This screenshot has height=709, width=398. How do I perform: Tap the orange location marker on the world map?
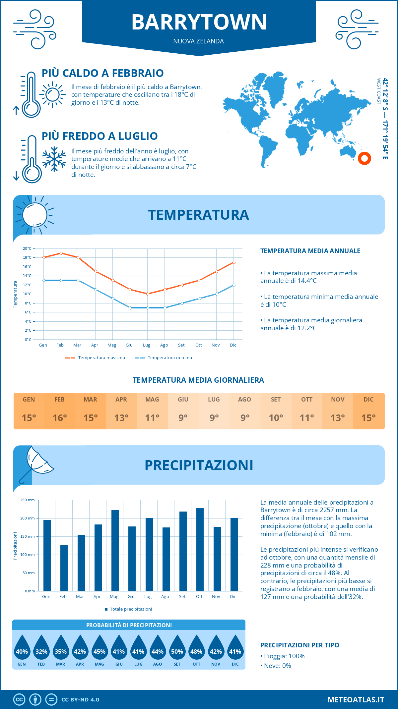364,158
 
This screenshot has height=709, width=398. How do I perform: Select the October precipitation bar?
200,549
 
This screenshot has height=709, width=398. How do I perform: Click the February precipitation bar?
64,568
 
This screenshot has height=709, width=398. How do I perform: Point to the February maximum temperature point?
61,253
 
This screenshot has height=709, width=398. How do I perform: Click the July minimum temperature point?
148,308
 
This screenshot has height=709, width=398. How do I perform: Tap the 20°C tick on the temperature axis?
27,248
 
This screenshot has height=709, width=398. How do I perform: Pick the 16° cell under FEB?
60,418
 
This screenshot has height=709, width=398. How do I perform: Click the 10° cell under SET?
276,418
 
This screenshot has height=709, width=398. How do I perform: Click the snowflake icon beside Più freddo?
54,159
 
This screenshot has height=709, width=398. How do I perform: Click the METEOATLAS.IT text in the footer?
356,699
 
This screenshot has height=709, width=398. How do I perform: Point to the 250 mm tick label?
28,500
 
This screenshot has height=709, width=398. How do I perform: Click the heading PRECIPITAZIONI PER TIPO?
299,645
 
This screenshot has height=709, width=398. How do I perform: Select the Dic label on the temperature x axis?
233,345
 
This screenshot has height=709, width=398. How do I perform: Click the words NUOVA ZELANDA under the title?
198,41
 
